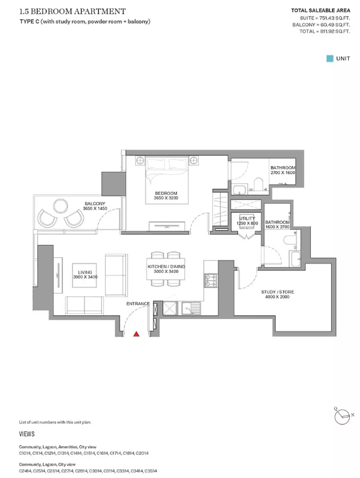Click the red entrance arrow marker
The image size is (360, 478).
click(x=137, y=334)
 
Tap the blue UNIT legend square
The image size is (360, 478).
click(x=330, y=58)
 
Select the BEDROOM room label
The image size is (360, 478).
click(x=166, y=193)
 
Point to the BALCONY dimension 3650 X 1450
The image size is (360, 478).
click(x=95, y=209)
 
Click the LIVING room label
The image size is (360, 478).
click(x=85, y=272)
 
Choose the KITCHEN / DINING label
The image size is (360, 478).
click(x=166, y=267)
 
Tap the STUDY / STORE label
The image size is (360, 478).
click(x=278, y=292)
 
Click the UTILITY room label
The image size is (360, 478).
click(x=247, y=218)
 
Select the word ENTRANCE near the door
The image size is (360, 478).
click(x=138, y=304)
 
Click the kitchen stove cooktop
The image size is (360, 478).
click(x=211, y=281)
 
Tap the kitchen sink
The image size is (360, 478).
click(x=191, y=308)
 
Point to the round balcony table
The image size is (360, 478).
click(x=60, y=207)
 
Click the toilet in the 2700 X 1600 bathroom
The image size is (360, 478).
click(x=259, y=184)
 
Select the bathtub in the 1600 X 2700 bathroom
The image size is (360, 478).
click(x=296, y=259)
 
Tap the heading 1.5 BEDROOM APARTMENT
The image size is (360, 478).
click(x=72, y=11)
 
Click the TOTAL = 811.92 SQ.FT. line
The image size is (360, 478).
click(x=325, y=31)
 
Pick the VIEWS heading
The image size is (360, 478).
click(x=27, y=434)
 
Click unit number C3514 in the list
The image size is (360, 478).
click(x=150, y=471)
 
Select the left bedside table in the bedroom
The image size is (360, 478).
click(x=140, y=160)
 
